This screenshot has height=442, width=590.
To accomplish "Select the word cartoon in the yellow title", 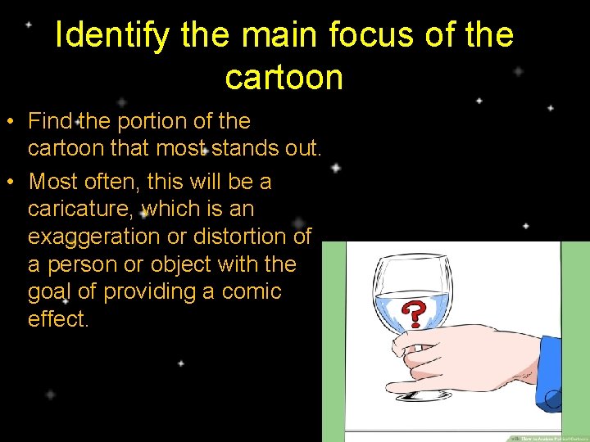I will [x=284, y=77].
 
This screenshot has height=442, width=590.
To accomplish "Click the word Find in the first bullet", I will [x=51, y=121].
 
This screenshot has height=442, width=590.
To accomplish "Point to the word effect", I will [x=57, y=318].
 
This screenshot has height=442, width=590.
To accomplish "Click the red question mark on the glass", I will [x=416, y=313].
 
